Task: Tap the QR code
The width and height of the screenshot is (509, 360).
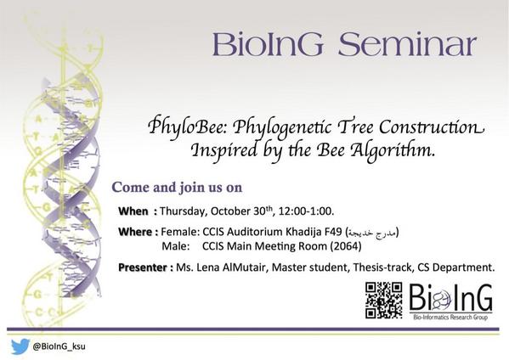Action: (384, 301)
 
